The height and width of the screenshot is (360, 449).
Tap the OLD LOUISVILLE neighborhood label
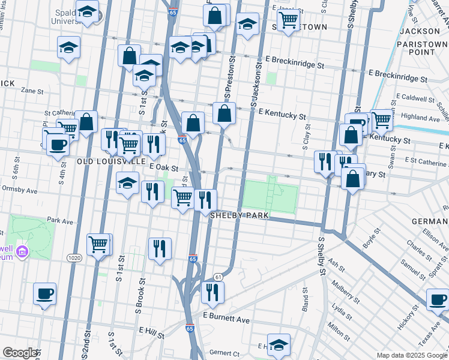click(x=111, y=161)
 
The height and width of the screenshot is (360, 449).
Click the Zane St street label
click(x=32, y=92)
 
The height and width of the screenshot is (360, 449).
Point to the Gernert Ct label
click(x=224, y=353)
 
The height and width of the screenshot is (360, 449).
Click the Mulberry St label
click(x=346, y=290)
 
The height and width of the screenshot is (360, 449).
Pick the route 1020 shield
click(x=74, y=258)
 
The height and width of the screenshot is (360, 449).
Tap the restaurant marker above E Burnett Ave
click(x=212, y=292)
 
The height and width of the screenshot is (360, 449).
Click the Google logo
click(x=20, y=353)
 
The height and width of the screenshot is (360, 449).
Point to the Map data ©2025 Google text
click(x=411, y=355)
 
